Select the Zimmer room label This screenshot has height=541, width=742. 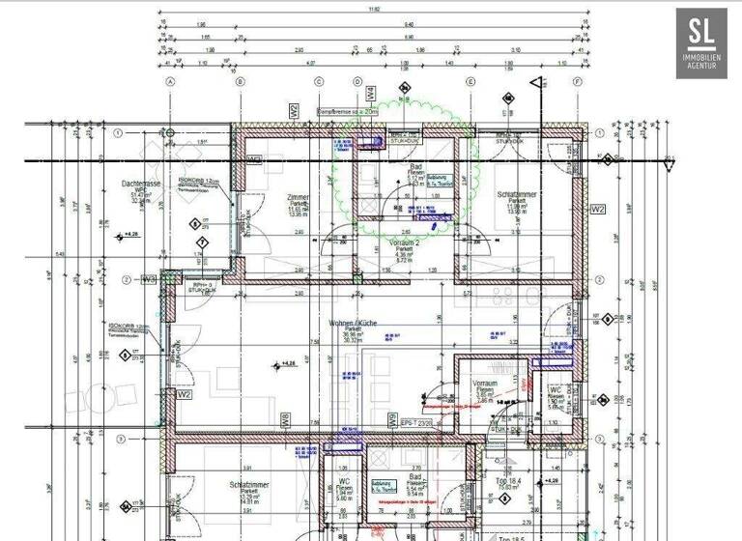click(x=298, y=198)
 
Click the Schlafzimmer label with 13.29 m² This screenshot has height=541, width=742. click(x=247, y=484)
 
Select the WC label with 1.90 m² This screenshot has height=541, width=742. click(x=556, y=389)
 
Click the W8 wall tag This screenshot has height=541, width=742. click(x=285, y=420)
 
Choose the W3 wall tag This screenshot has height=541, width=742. click(x=148, y=279)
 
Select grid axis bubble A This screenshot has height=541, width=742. click(x=170, y=83)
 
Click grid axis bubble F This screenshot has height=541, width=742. click(x=577, y=83)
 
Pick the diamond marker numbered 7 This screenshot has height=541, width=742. click(x=201, y=242)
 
